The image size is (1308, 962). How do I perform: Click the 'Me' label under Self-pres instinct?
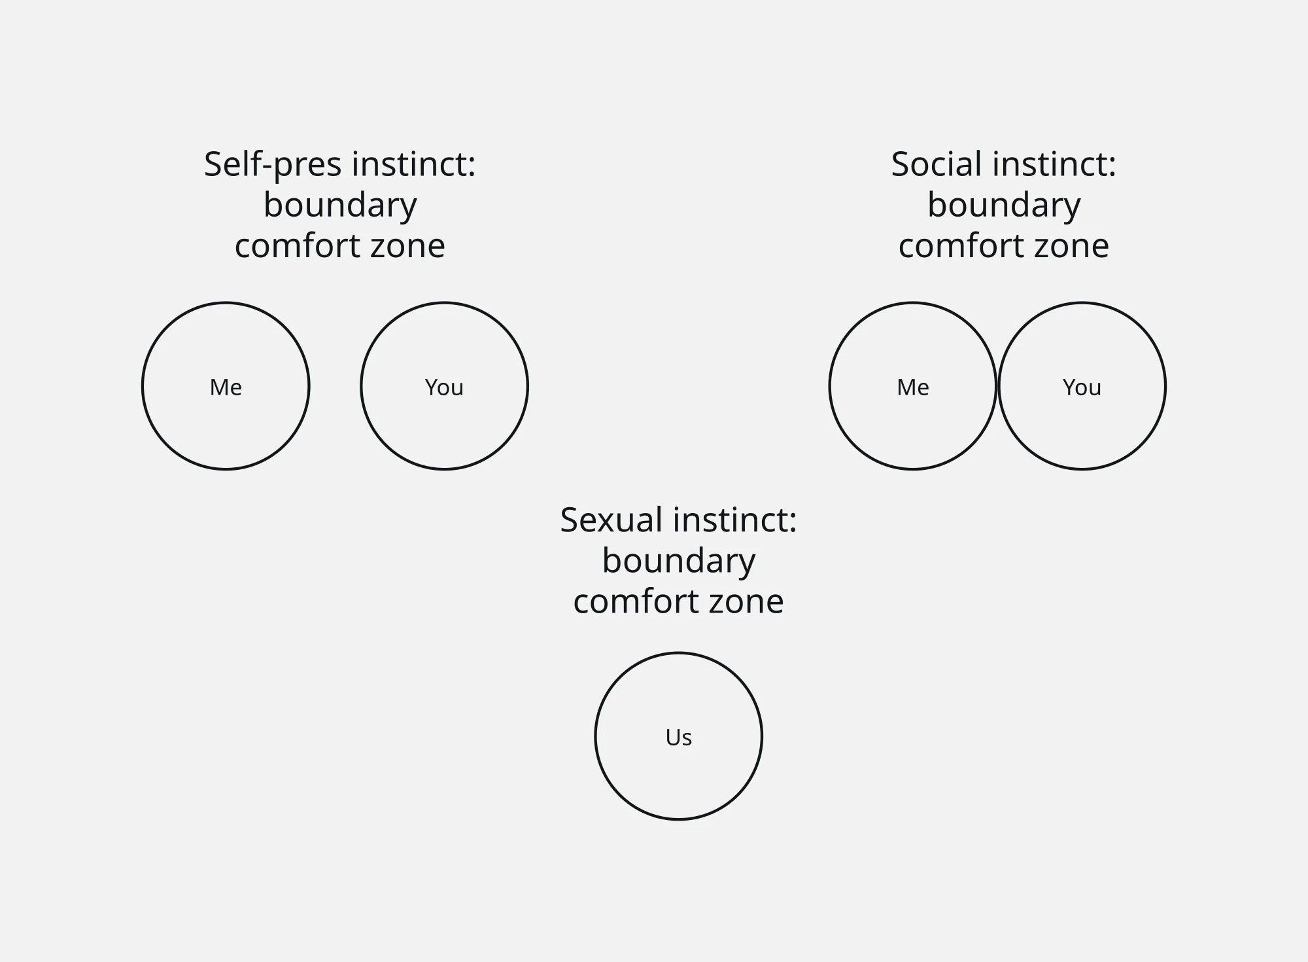(x=226, y=387)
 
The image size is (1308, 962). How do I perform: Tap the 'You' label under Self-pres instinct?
(x=444, y=387)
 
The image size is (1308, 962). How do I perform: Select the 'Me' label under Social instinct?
(x=912, y=387)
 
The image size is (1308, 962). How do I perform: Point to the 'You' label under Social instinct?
(x=1082, y=387)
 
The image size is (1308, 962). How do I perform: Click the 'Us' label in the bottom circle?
(x=678, y=738)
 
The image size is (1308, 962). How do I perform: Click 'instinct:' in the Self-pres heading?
(x=413, y=164)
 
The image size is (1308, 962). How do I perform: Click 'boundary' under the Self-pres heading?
(x=340, y=205)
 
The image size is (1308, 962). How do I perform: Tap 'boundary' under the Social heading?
(x=1004, y=205)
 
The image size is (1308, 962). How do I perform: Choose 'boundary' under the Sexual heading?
(x=678, y=561)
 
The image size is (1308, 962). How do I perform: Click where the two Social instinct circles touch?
(x=997, y=386)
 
